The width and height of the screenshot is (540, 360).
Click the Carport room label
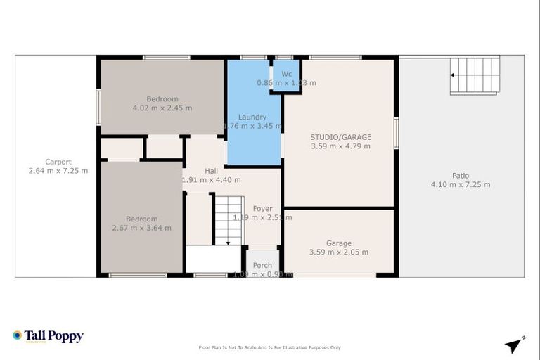pos(58,162)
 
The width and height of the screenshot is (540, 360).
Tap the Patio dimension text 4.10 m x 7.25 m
pos(461,184)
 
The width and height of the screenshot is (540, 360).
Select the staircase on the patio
pos(475,76)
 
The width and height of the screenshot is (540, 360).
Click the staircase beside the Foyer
pos(228,220)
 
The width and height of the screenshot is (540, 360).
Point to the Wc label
pos(286,74)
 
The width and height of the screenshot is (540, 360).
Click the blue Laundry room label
pos(252,117)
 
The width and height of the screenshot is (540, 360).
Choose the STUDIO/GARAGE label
pos(340,137)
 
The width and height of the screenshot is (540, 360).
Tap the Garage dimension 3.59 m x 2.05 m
pos(338,252)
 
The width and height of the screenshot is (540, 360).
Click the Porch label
pos(262,265)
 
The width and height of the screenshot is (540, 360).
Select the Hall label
pos(211,171)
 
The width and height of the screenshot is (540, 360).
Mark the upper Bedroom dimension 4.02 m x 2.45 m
pos(162,108)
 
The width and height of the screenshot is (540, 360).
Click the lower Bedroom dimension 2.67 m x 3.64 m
pos(141,228)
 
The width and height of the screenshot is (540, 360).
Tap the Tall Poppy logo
pos(48,336)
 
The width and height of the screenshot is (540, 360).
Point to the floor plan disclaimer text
pos(270,347)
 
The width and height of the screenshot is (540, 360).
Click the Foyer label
pos(262,208)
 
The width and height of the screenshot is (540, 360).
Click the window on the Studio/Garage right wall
pos(396,133)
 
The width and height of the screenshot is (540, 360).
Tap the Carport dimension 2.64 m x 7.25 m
pos(58,171)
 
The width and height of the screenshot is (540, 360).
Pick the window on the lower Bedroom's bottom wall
pos(128,275)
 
